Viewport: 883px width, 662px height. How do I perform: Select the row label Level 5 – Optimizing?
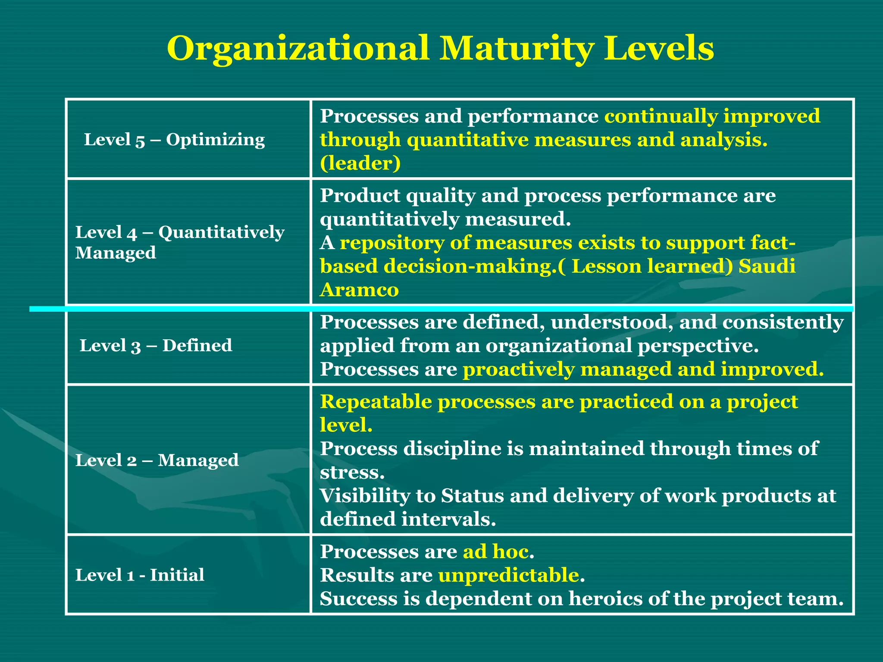click(x=174, y=140)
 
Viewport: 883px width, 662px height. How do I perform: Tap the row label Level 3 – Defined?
click(x=156, y=345)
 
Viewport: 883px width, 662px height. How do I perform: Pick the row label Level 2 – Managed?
click(x=157, y=460)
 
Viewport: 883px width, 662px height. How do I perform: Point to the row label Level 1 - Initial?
click(x=140, y=575)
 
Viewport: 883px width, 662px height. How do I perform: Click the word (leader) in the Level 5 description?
click(x=360, y=163)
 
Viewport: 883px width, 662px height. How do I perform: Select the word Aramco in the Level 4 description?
click(x=359, y=290)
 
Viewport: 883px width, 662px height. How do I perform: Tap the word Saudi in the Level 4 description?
click(x=767, y=266)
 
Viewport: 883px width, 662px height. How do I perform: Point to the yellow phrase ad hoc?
click(x=496, y=552)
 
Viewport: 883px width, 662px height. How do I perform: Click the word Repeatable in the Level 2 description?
click(x=376, y=402)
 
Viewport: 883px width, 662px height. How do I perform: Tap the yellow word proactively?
click(x=518, y=369)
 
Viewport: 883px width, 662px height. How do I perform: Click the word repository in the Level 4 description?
click(x=392, y=243)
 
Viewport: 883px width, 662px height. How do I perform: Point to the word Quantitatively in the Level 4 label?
click(x=221, y=232)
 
